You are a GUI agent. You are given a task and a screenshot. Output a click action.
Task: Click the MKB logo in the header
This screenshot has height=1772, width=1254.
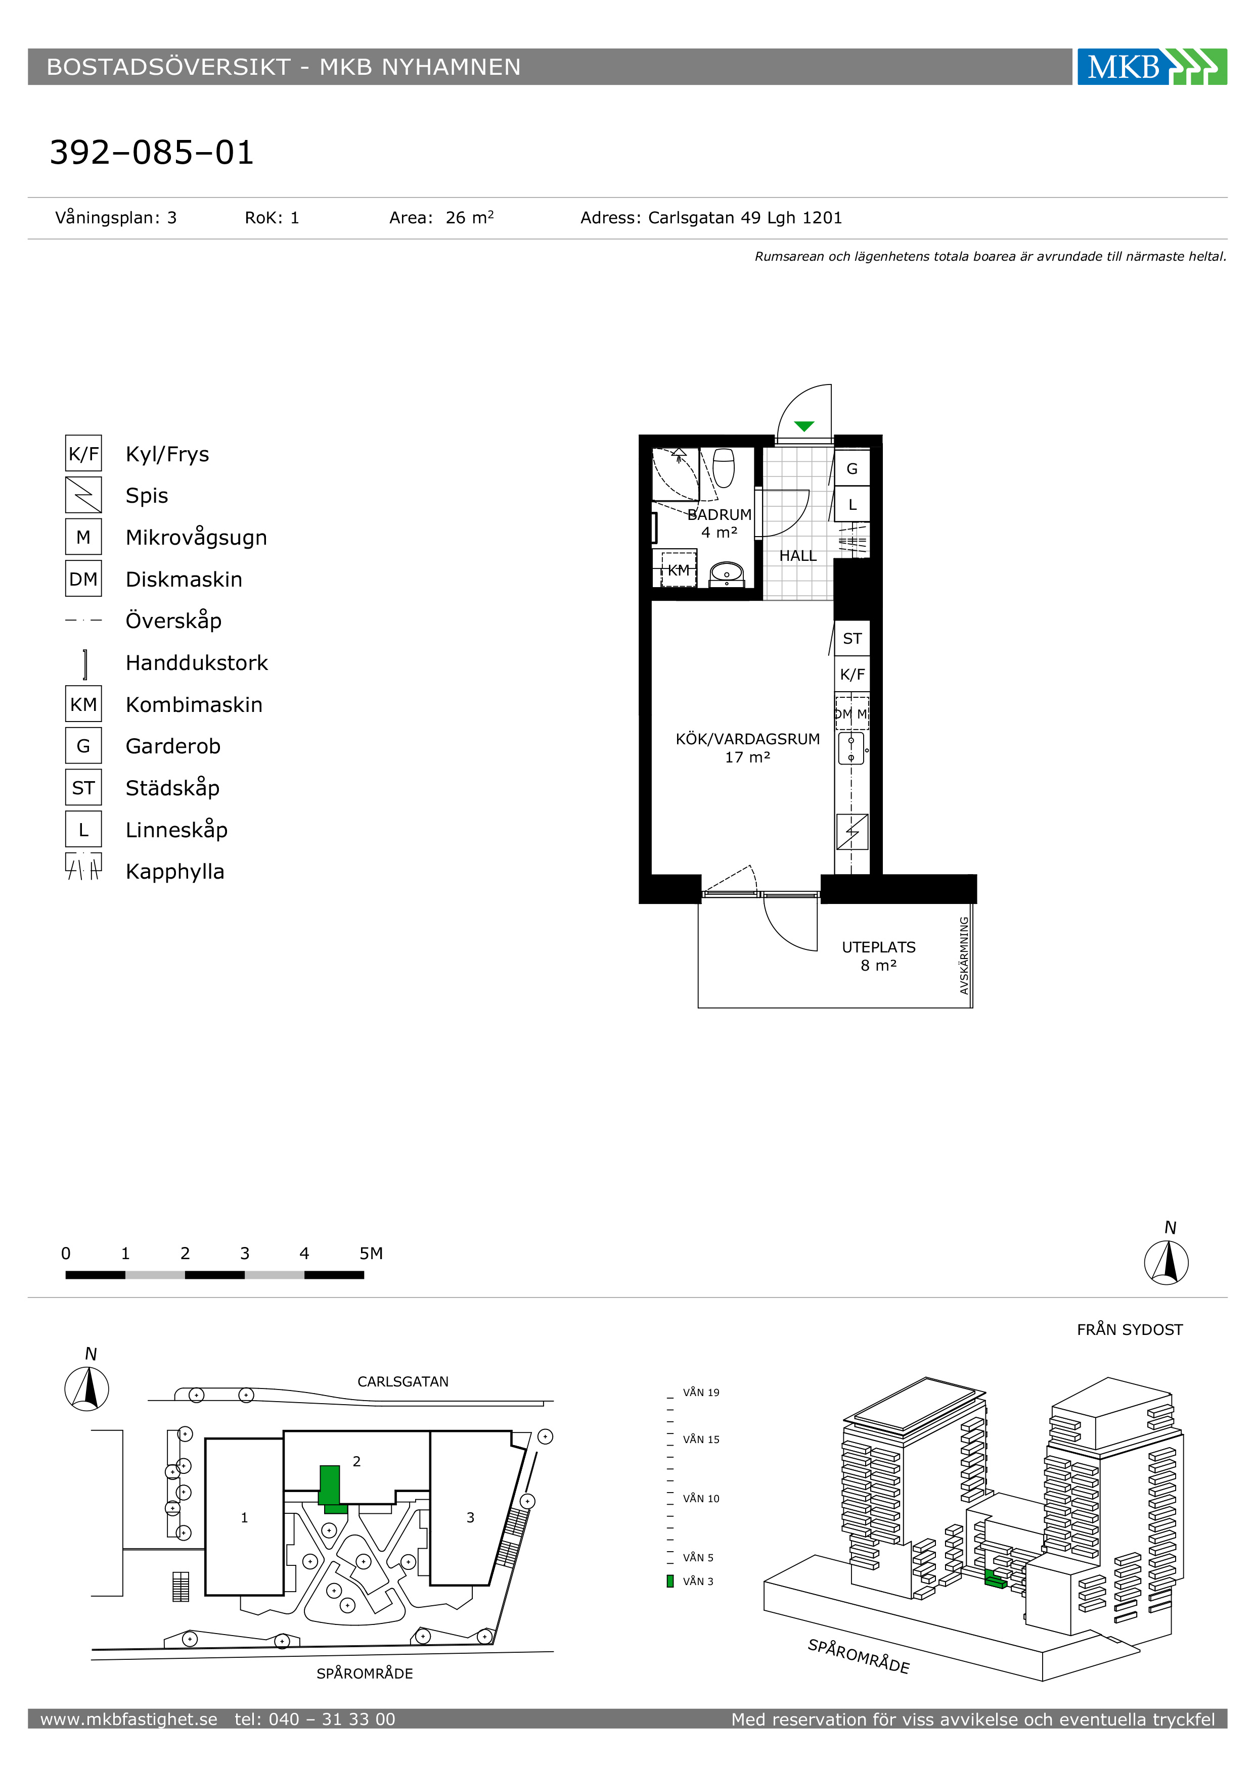[x=1151, y=67]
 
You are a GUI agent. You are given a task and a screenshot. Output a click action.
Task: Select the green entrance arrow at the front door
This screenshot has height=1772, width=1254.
[x=804, y=426]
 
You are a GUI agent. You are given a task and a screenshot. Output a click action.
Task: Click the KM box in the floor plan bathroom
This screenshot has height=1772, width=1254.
[x=679, y=569]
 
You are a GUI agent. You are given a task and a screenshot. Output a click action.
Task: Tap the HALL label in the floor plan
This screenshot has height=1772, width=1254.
[x=797, y=556]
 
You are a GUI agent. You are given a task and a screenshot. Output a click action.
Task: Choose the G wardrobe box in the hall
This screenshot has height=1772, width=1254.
[x=853, y=468]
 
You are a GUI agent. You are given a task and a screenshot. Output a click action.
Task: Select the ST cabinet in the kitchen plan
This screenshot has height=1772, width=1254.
[x=853, y=638]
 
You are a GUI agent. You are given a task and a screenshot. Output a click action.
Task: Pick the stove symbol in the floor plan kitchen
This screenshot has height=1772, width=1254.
[x=853, y=832]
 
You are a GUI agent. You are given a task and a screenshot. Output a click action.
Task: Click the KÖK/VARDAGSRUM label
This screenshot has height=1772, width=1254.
[x=747, y=739]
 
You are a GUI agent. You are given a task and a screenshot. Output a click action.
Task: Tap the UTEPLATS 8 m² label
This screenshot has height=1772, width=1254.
[x=879, y=956]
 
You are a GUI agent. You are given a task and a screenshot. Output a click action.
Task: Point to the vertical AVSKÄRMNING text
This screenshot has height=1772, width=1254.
[x=964, y=955]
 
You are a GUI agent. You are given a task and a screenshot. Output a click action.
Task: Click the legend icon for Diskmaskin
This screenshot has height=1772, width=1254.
[x=83, y=579]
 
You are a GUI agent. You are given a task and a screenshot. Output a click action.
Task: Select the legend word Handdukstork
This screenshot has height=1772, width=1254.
[x=197, y=663]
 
